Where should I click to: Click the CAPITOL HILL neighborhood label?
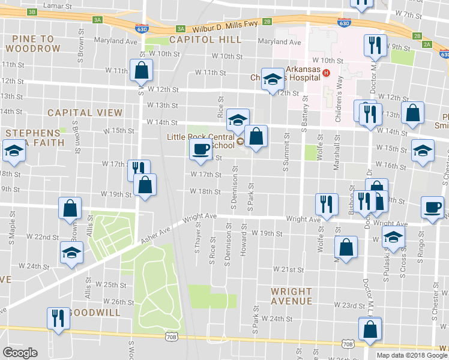pos(205,40)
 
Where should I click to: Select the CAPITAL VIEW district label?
pos(85,112)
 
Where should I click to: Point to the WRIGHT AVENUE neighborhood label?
pos(291,296)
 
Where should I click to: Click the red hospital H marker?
pos(326,73)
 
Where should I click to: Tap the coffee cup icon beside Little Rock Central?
pos(200,148)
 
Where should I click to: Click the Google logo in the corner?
pos(20,352)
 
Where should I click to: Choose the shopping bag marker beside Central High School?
pos(256,136)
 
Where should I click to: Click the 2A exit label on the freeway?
pos(427,44)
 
